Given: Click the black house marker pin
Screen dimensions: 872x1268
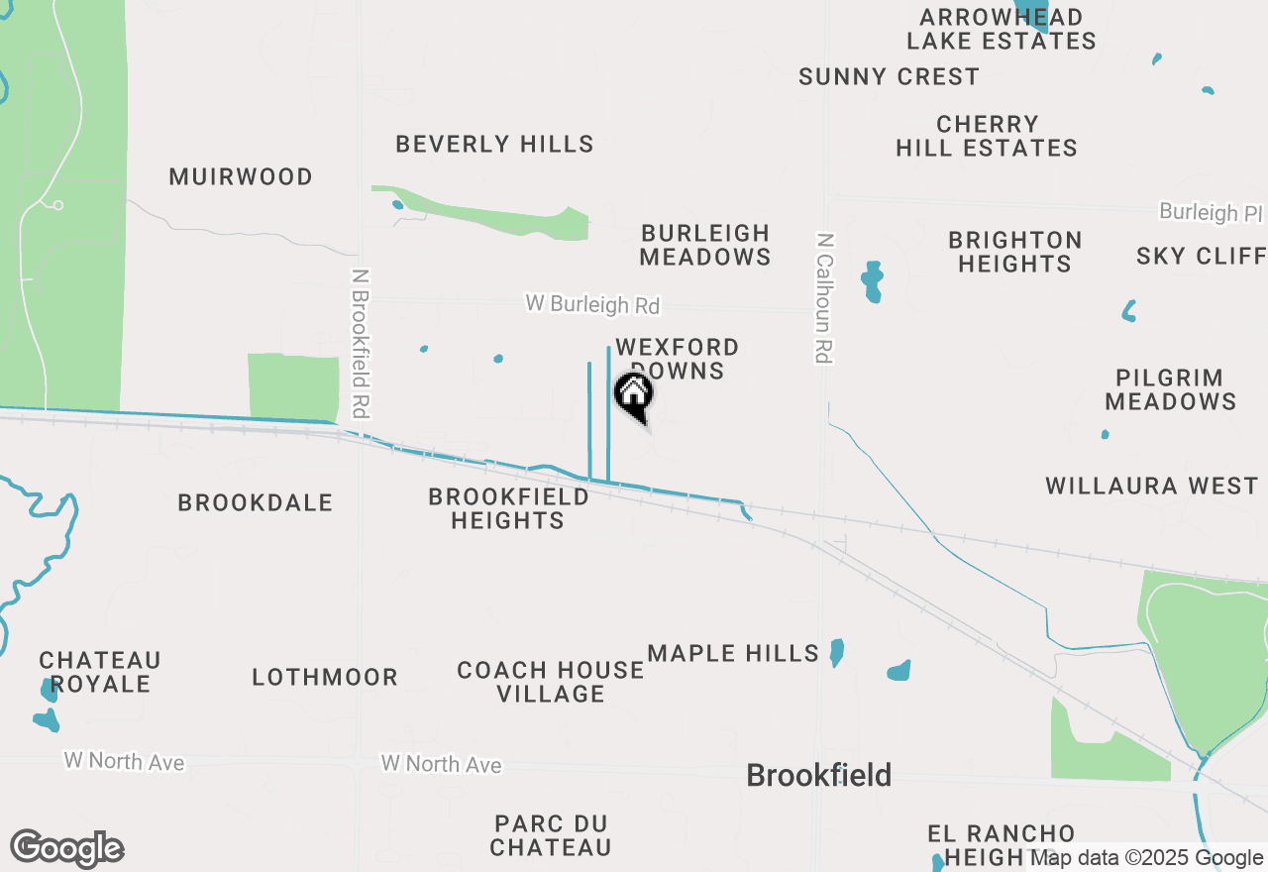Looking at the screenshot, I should pyautogui.click(x=634, y=396).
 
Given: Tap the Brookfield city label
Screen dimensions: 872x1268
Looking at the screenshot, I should pyautogui.click(x=818, y=775).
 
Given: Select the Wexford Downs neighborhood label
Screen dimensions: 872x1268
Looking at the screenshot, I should pyautogui.click(x=677, y=359).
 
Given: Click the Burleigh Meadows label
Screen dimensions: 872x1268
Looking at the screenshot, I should pyautogui.click(x=704, y=245).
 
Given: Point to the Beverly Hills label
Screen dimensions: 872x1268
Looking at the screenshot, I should pyautogui.click(x=494, y=145).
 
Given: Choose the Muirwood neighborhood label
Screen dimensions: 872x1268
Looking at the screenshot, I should pyautogui.click(x=241, y=177).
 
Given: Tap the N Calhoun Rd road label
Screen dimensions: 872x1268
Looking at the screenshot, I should pyautogui.click(x=823, y=297).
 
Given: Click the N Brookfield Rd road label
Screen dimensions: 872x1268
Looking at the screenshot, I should pyautogui.click(x=361, y=343).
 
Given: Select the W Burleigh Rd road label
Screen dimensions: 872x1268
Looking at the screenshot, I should pyautogui.click(x=592, y=304).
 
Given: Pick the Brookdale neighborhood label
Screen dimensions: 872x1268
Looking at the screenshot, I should pyautogui.click(x=256, y=503).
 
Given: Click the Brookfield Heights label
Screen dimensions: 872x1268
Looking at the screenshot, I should pyautogui.click(x=508, y=508).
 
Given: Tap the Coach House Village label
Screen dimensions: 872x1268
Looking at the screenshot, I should pyautogui.click(x=551, y=682).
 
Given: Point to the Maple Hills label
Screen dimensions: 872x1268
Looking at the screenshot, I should pyautogui.click(x=733, y=654).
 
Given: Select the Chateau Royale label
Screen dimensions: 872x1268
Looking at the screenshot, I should pyautogui.click(x=100, y=672).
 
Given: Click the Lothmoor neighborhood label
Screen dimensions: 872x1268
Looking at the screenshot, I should pyautogui.click(x=325, y=678).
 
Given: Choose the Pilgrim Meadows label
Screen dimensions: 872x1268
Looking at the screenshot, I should pyautogui.click(x=1170, y=389).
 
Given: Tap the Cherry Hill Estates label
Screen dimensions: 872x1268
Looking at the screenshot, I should pyautogui.click(x=987, y=137).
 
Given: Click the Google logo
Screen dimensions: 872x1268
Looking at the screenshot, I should pyautogui.click(x=67, y=849).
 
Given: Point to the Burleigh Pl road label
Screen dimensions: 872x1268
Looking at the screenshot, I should pyautogui.click(x=1212, y=213).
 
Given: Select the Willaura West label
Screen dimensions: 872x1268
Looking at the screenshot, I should pyautogui.click(x=1152, y=487).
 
